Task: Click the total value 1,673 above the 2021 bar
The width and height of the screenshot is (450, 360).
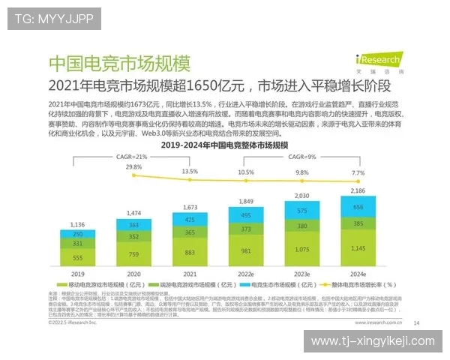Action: click(x=189, y=207)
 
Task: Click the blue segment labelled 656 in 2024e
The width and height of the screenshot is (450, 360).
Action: click(x=358, y=208)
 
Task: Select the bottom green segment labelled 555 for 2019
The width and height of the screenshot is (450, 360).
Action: click(x=77, y=258)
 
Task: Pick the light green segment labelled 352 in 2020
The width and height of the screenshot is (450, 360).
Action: click(x=133, y=236)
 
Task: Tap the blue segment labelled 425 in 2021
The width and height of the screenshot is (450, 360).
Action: click(x=189, y=220)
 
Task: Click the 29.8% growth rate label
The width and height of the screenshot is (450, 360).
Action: click(x=133, y=166)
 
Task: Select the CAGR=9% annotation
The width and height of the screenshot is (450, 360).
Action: click(x=301, y=156)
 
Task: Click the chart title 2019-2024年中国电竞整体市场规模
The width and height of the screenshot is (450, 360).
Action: click(x=217, y=143)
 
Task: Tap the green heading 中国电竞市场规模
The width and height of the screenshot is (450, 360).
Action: click(x=119, y=62)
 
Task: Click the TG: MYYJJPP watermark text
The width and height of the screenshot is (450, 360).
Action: click(x=54, y=19)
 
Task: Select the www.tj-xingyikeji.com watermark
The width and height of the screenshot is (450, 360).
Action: click(x=373, y=341)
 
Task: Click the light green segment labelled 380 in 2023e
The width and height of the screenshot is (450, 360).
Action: click(x=301, y=225)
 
